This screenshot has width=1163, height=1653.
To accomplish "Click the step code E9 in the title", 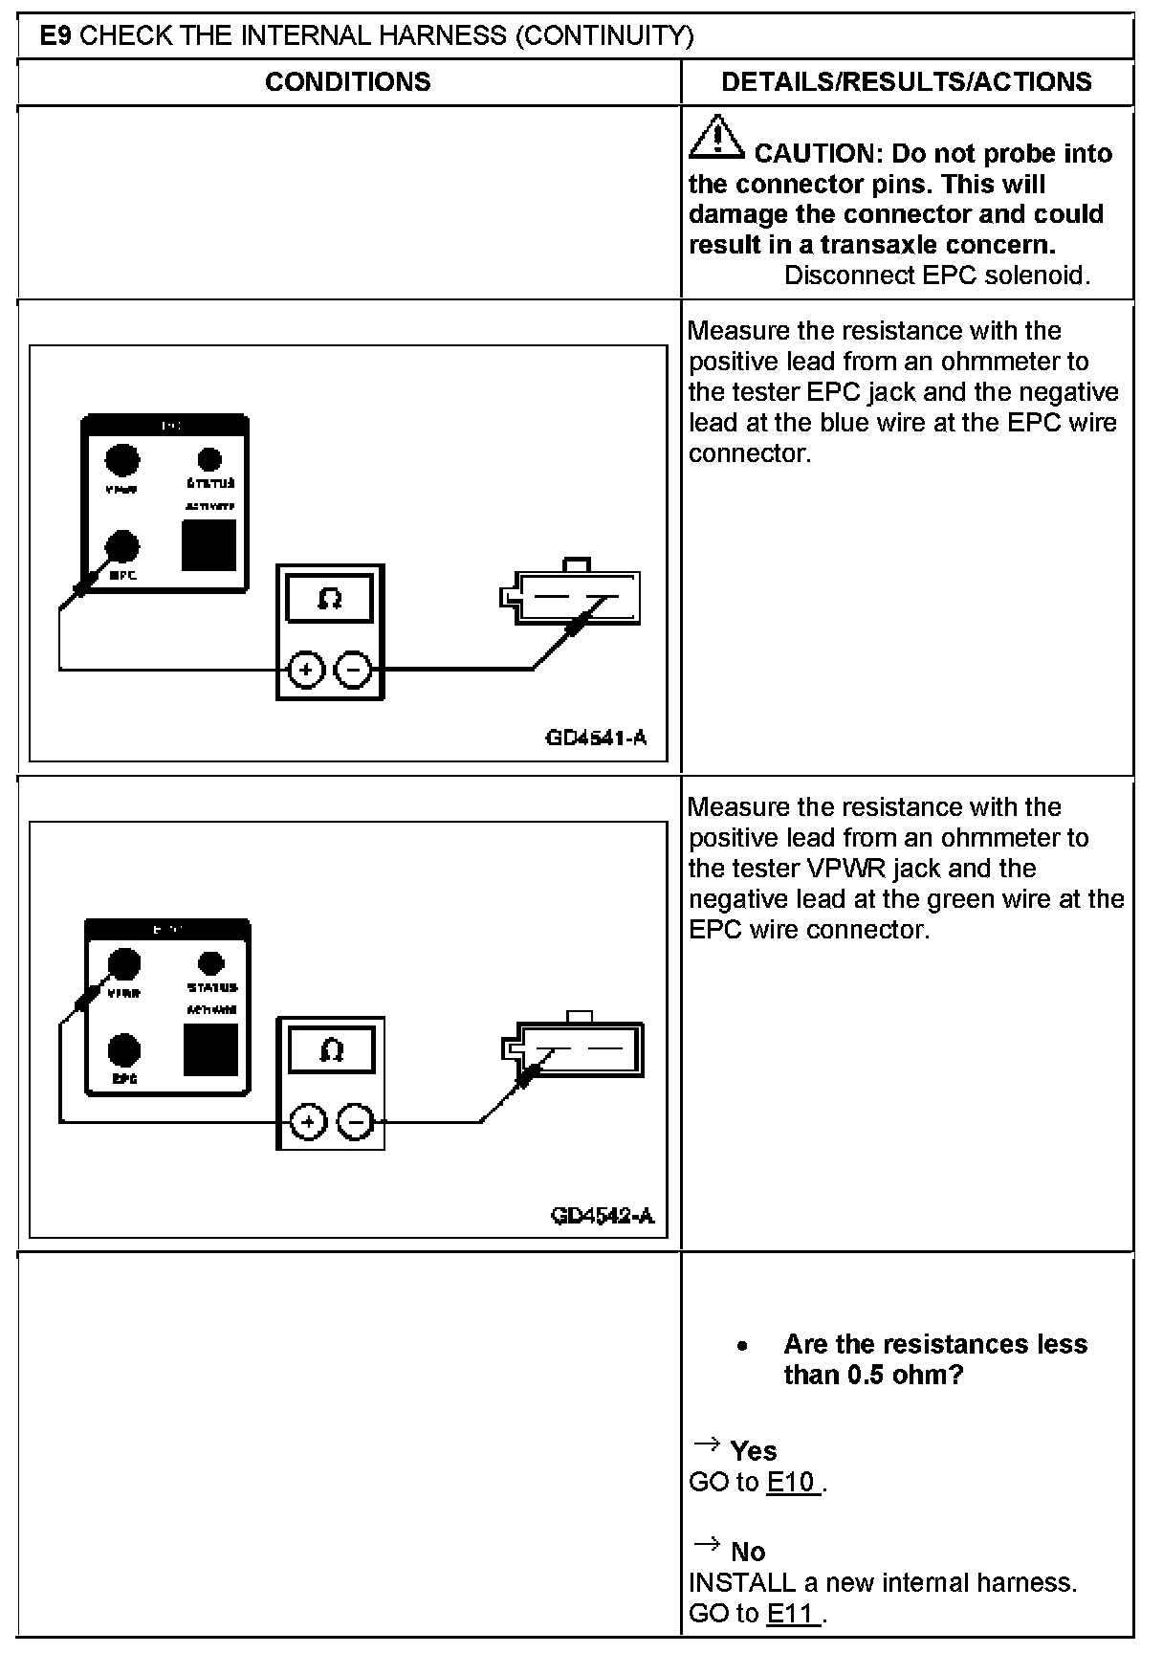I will click(57, 36).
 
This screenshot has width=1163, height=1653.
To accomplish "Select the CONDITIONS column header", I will click(348, 82).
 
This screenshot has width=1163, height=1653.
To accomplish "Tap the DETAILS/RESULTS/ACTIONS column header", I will click(907, 82).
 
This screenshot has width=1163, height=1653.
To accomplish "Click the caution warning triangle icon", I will click(716, 137).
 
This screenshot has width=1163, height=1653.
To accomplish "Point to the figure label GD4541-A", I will click(596, 738).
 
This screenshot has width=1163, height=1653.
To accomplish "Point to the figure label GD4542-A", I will click(602, 1215).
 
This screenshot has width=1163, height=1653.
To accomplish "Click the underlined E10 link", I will click(793, 1482).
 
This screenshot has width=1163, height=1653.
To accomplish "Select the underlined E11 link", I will click(793, 1614).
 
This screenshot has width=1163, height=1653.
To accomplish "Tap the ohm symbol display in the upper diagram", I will click(330, 599).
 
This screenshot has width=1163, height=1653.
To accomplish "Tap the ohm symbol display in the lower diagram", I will click(331, 1050).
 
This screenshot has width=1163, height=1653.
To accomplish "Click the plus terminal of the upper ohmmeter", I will click(305, 670).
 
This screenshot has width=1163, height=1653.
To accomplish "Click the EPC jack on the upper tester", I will click(121, 547).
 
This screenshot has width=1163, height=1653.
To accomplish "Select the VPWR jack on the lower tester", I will click(123, 963).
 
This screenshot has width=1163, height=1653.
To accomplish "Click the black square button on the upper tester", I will click(209, 545).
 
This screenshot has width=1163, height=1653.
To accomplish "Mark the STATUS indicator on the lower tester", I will click(210, 963).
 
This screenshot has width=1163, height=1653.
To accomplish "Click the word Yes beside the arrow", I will click(754, 1451).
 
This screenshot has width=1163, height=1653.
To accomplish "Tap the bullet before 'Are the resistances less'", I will click(742, 1346).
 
